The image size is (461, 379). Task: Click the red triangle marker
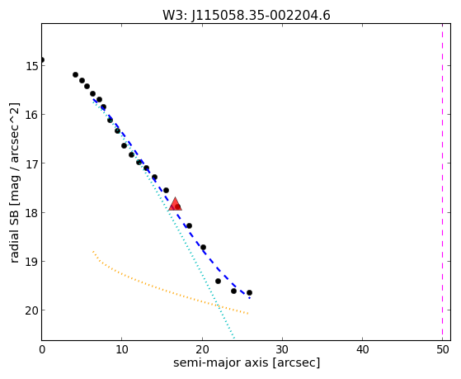[175, 204]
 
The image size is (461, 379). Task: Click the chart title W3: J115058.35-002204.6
[247, 16]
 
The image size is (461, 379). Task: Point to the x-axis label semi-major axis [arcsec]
[247, 362]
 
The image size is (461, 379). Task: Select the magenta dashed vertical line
[442, 182]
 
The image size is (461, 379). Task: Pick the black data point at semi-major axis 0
[42, 60]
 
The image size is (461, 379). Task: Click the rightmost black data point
[249, 293]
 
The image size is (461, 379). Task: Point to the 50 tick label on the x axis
[443, 350]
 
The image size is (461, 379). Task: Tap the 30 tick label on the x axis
[282, 350]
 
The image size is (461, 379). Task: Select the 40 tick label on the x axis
[362, 350]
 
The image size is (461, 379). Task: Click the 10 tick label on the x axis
[122, 350]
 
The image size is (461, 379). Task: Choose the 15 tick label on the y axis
[31, 66]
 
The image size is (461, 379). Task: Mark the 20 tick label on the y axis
[31, 310]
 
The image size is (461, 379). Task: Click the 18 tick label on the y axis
[31, 212]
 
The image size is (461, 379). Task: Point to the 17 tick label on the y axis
[31, 163]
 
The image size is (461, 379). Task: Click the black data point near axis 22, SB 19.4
[218, 282]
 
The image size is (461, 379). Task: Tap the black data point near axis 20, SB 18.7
[203, 247]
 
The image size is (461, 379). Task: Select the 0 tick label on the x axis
[42, 350]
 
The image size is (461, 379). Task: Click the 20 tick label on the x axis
[202, 350]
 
